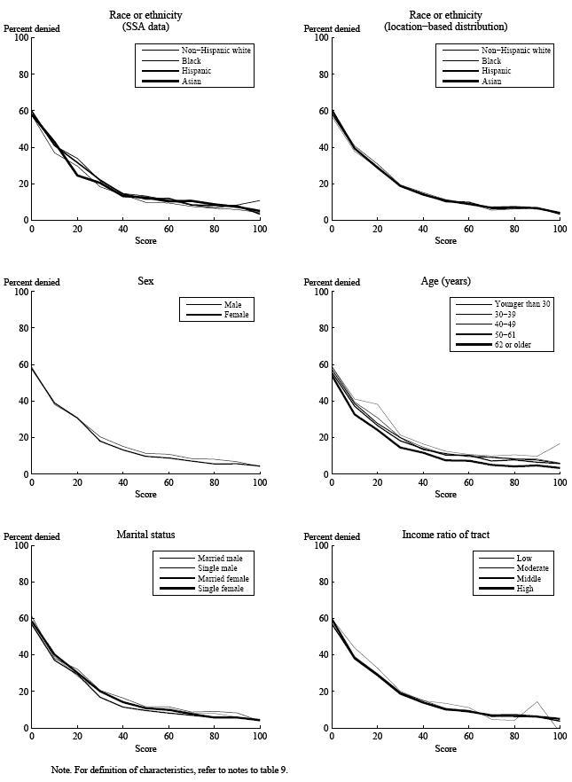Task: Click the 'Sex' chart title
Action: (x=145, y=281)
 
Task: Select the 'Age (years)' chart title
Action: (x=445, y=281)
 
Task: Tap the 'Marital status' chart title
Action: (x=145, y=535)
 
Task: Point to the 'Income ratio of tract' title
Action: (x=445, y=535)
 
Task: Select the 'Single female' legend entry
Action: (x=223, y=589)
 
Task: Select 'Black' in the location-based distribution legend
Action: (x=493, y=61)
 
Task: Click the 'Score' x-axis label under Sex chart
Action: (x=145, y=494)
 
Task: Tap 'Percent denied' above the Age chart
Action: (x=333, y=283)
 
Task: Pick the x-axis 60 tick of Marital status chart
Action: (x=168, y=736)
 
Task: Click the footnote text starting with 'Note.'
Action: (x=169, y=770)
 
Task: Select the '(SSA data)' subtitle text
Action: (x=145, y=27)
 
